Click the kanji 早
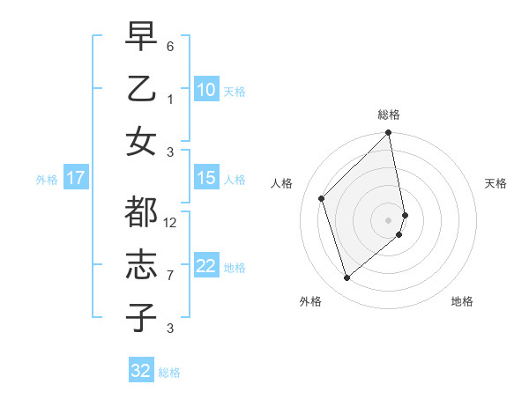tap(141, 36)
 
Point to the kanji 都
tap(141, 212)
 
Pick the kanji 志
tap(141, 265)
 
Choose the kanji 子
tap(141, 318)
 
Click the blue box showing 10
tap(205, 90)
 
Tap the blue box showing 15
tap(205, 178)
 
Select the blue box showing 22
tap(205, 266)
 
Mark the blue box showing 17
tap(75, 178)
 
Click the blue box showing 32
tap(141, 371)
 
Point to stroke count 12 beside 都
tap(170, 223)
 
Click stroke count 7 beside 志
tap(170, 276)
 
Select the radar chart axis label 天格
tap(495, 183)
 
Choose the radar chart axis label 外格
tap(310, 301)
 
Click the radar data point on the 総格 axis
tap(389, 134)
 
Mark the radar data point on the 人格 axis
tap(322, 198)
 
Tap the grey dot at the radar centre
tap(389, 219)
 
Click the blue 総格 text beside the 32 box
tap(169, 373)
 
